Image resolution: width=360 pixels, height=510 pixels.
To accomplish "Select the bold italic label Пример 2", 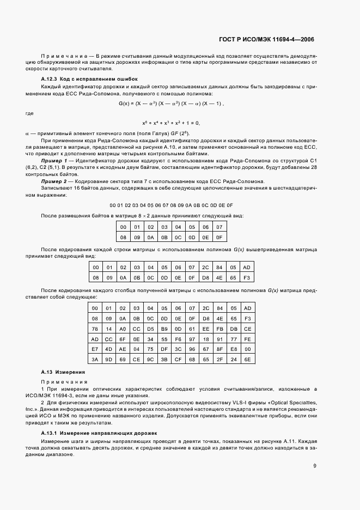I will [x=54, y=181].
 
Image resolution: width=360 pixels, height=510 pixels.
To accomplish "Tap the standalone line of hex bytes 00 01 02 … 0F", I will [x=171, y=205].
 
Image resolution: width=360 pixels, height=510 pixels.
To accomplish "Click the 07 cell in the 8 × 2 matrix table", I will [x=219, y=227].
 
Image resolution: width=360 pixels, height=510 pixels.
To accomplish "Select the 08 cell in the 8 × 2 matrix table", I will [x=123, y=237].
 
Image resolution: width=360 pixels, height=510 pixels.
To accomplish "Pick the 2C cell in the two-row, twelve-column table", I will [x=205, y=268].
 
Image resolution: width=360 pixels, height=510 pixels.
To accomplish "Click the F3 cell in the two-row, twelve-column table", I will [x=247, y=277].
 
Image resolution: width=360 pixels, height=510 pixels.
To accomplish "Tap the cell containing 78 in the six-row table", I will [x=95, y=330].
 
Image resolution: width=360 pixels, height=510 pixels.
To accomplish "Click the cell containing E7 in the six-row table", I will [x=95, y=349].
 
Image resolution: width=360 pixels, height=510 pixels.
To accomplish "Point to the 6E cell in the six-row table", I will [x=247, y=360].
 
